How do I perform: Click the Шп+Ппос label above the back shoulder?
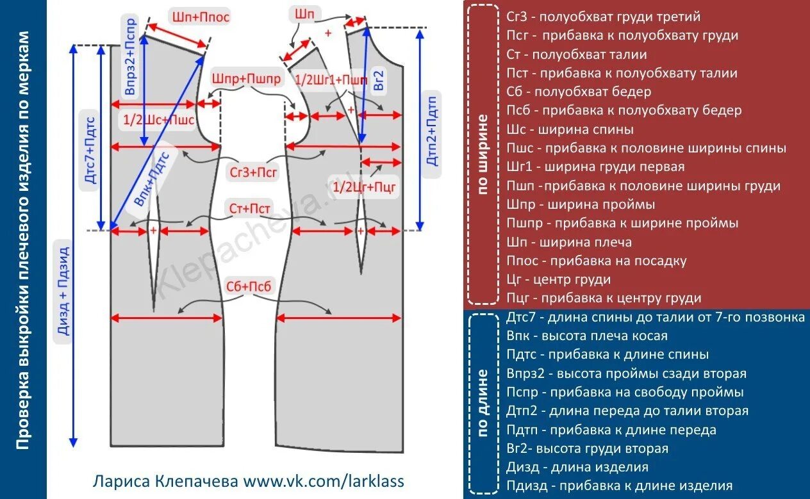click(201, 17)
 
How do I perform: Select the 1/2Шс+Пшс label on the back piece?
click(158, 119)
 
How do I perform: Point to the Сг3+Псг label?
click(254, 172)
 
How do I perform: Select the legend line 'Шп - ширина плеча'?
click(569, 242)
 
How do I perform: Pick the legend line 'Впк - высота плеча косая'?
click(587, 336)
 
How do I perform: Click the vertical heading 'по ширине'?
click(483, 154)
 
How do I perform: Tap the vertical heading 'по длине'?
click(483, 402)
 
